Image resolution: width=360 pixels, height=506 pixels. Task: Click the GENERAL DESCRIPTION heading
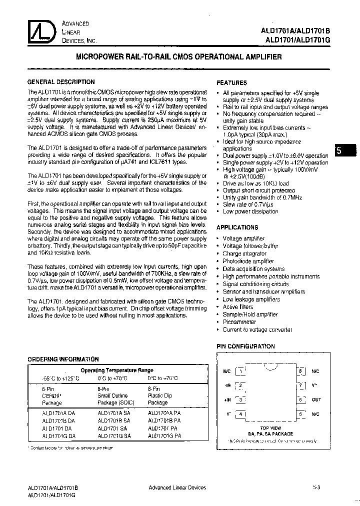pyautogui.click(x=60, y=82)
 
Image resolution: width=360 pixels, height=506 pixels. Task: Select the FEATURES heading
pyautogui.click(x=231, y=83)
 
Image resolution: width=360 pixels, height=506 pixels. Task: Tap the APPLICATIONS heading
pyautogui.click(x=236, y=227)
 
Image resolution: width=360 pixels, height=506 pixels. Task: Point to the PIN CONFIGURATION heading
pyautogui.click(x=245, y=346)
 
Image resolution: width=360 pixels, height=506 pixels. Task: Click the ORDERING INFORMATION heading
pyautogui.click(x=63, y=359)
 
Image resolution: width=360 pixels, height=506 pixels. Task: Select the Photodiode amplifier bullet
pyautogui.click(x=248, y=261)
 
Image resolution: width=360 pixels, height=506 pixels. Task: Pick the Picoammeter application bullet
pyautogui.click(x=239, y=322)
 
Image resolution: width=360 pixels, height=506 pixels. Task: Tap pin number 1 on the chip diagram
pyautogui.click(x=241, y=371)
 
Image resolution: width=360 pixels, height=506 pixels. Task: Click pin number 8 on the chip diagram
pyautogui.click(x=300, y=371)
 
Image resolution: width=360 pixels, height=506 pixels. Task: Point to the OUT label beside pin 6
pyautogui.click(x=316, y=399)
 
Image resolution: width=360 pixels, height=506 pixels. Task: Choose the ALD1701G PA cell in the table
pyautogui.click(x=164, y=436)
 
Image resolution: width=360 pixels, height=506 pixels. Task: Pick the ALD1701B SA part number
pyautogui.click(x=114, y=421)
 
